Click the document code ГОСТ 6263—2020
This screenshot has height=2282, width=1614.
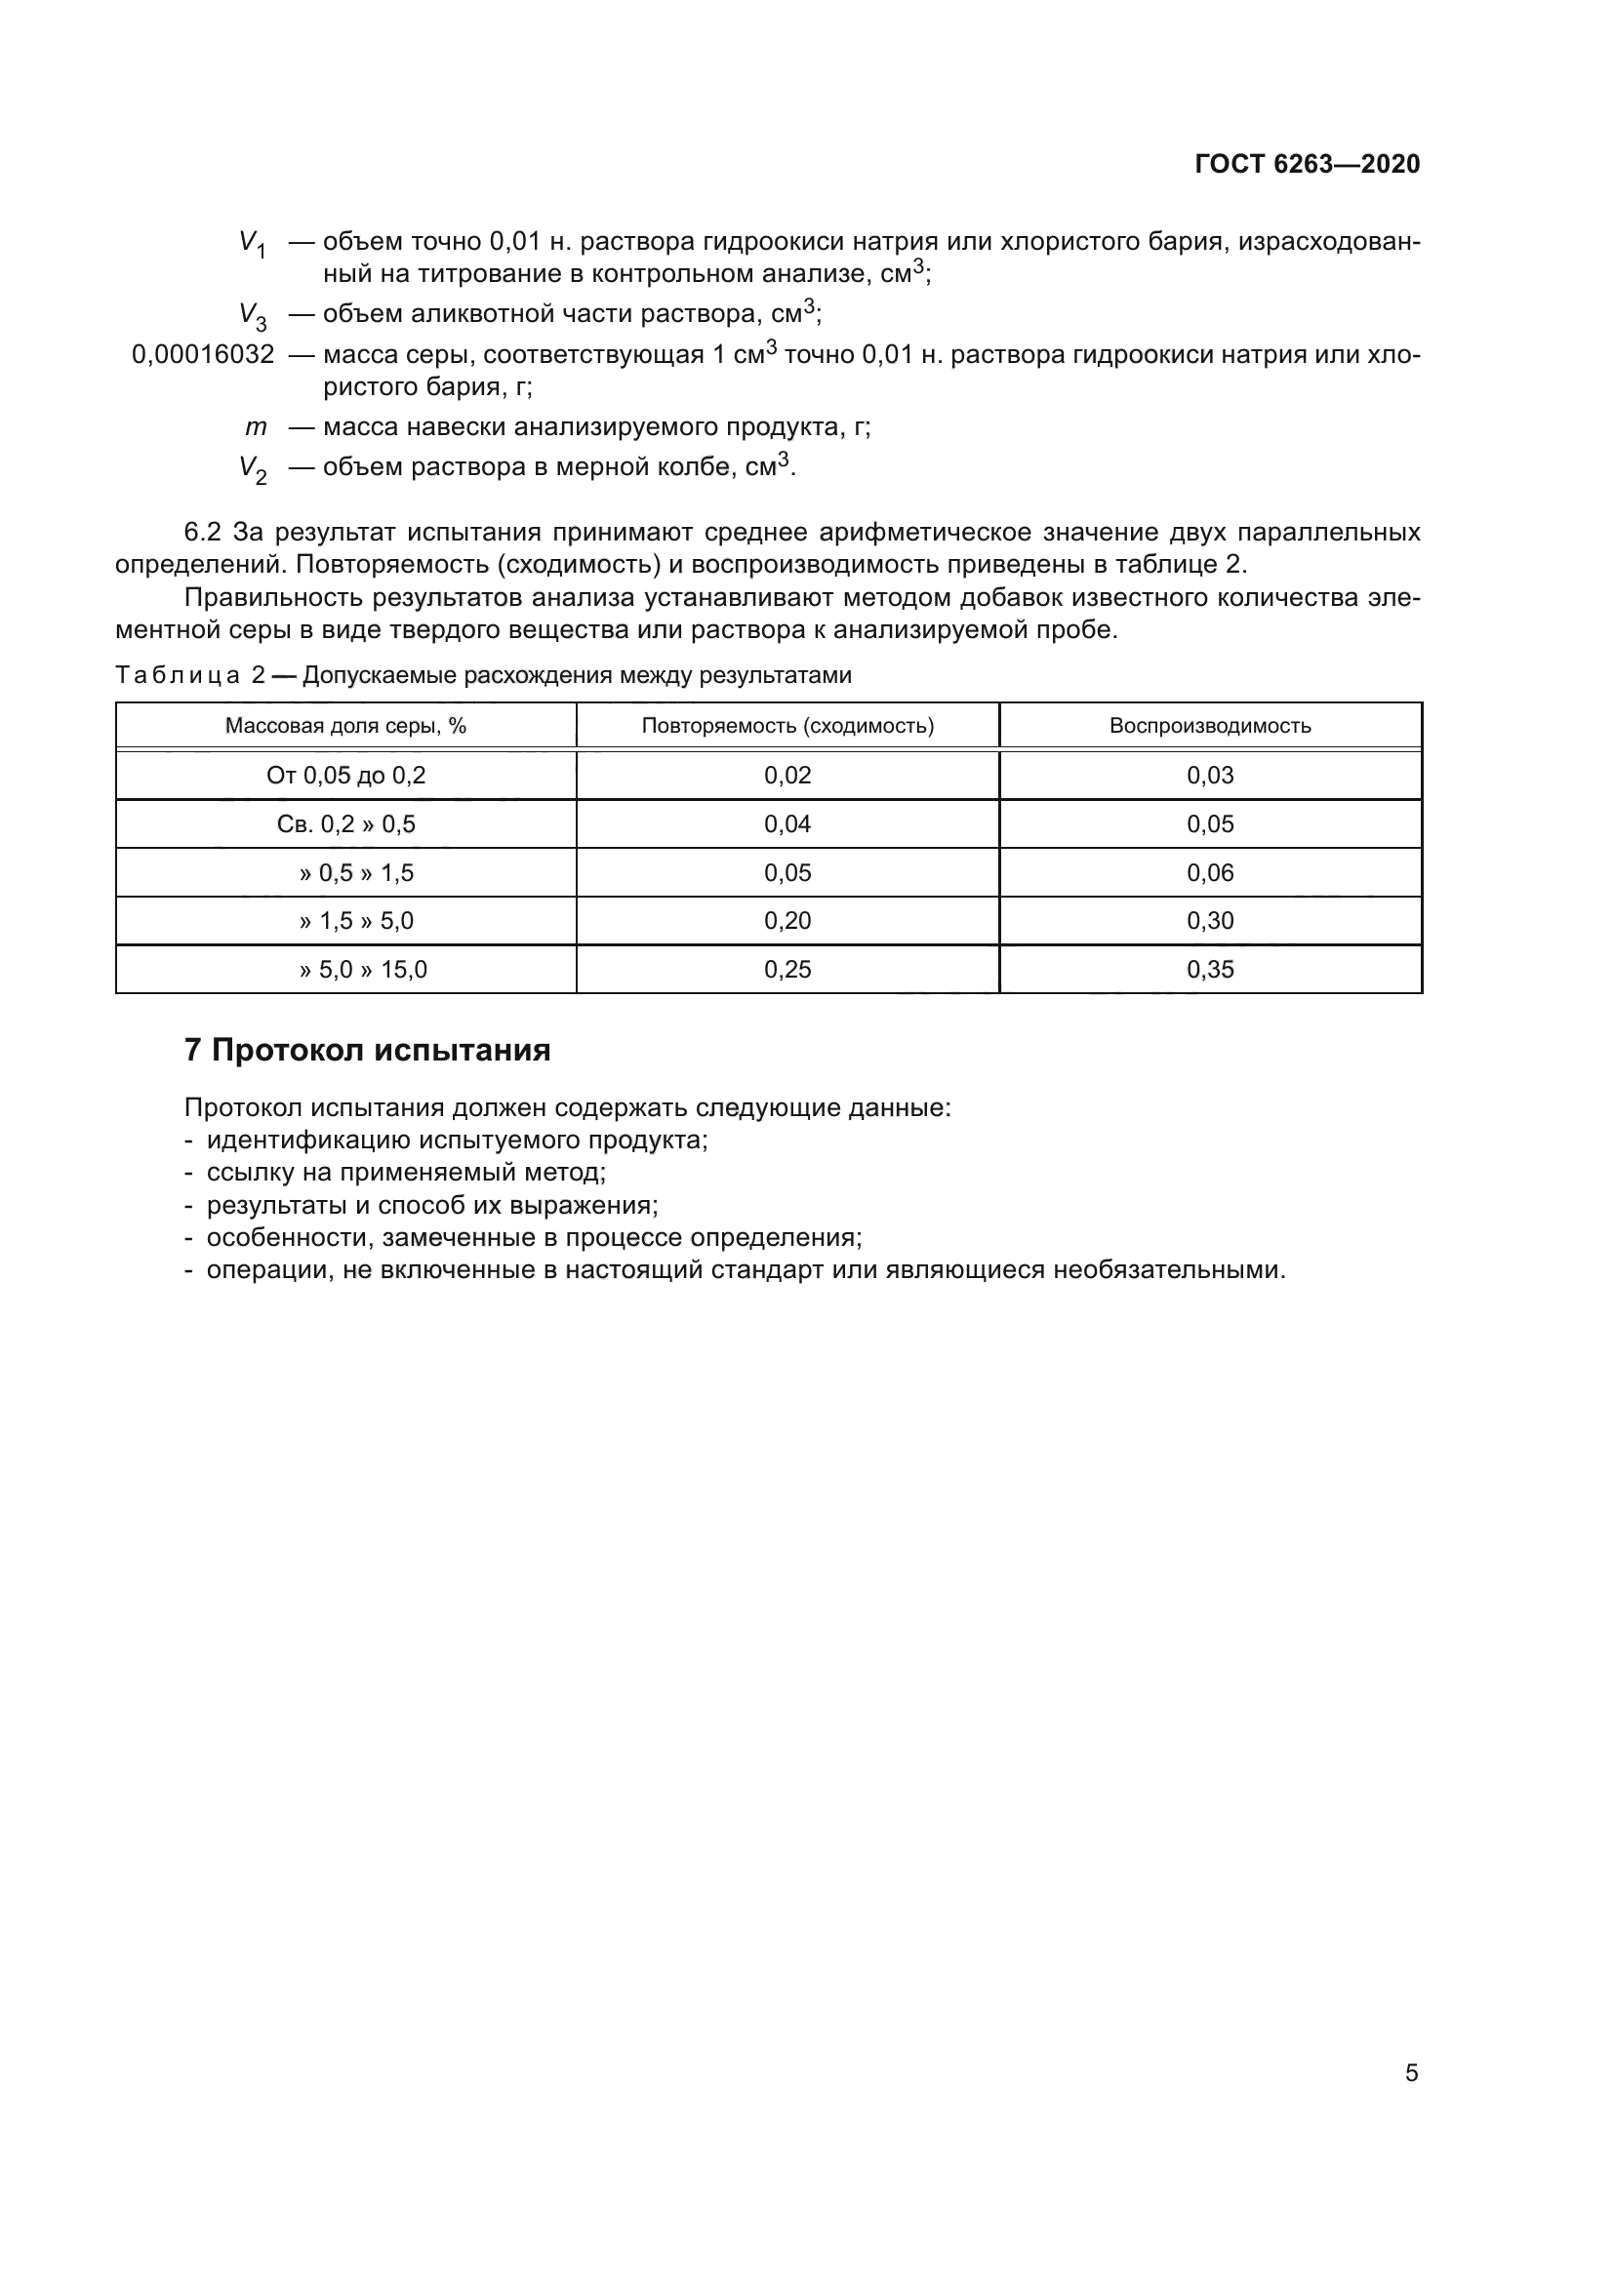pos(1307,165)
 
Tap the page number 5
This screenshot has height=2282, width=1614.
pos(1411,2073)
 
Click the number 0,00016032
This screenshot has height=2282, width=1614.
pos(203,355)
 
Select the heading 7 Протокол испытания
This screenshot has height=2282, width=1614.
pos(367,1051)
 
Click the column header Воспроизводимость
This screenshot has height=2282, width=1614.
pos(1209,726)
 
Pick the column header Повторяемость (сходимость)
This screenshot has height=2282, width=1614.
pos(787,726)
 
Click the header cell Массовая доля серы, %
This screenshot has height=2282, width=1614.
pos(344,726)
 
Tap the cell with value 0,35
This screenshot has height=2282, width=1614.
pos(1209,969)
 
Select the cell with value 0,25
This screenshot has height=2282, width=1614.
pos(787,969)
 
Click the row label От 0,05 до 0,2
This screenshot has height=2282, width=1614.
pos(344,776)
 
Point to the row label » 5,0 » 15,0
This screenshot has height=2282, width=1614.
pos(363,969)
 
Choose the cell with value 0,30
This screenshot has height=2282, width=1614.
pos(1209,920)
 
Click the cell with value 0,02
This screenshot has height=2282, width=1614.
pos(787,776)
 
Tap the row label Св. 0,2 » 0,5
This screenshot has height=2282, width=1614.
pos(344,824)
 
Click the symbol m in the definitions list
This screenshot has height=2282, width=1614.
pos(256,427)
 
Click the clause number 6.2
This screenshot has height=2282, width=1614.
pos(202,533)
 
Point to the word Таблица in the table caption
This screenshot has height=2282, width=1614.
pos(177,676)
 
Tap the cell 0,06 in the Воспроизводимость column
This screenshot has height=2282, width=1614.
pos(1209,872)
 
